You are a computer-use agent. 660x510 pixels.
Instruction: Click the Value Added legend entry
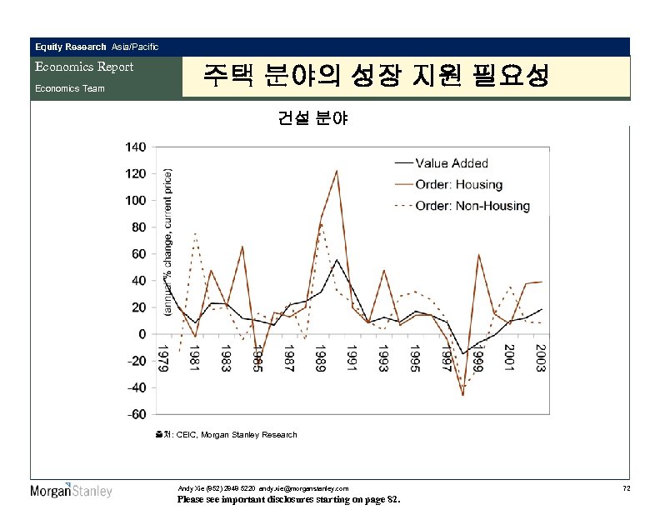[463, 163]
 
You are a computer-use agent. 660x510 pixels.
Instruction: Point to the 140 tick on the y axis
[136, 147]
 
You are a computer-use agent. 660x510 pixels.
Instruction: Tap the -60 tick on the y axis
[136, 414]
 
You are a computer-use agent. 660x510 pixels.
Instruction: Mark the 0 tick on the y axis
[142, 334]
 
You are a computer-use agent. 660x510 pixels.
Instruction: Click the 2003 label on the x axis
[540, 358]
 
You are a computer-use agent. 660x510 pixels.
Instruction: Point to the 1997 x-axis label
[446, 358]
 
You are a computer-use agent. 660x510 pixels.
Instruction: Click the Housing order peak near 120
[336, 171]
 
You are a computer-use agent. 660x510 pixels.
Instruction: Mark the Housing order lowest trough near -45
[462, 394]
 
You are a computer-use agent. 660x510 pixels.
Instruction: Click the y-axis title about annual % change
[168, 242]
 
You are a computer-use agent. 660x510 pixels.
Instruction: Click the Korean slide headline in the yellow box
[376, 77]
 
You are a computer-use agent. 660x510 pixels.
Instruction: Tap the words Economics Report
[83, 67]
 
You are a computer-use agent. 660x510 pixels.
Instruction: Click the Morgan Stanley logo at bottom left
[71, 490]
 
